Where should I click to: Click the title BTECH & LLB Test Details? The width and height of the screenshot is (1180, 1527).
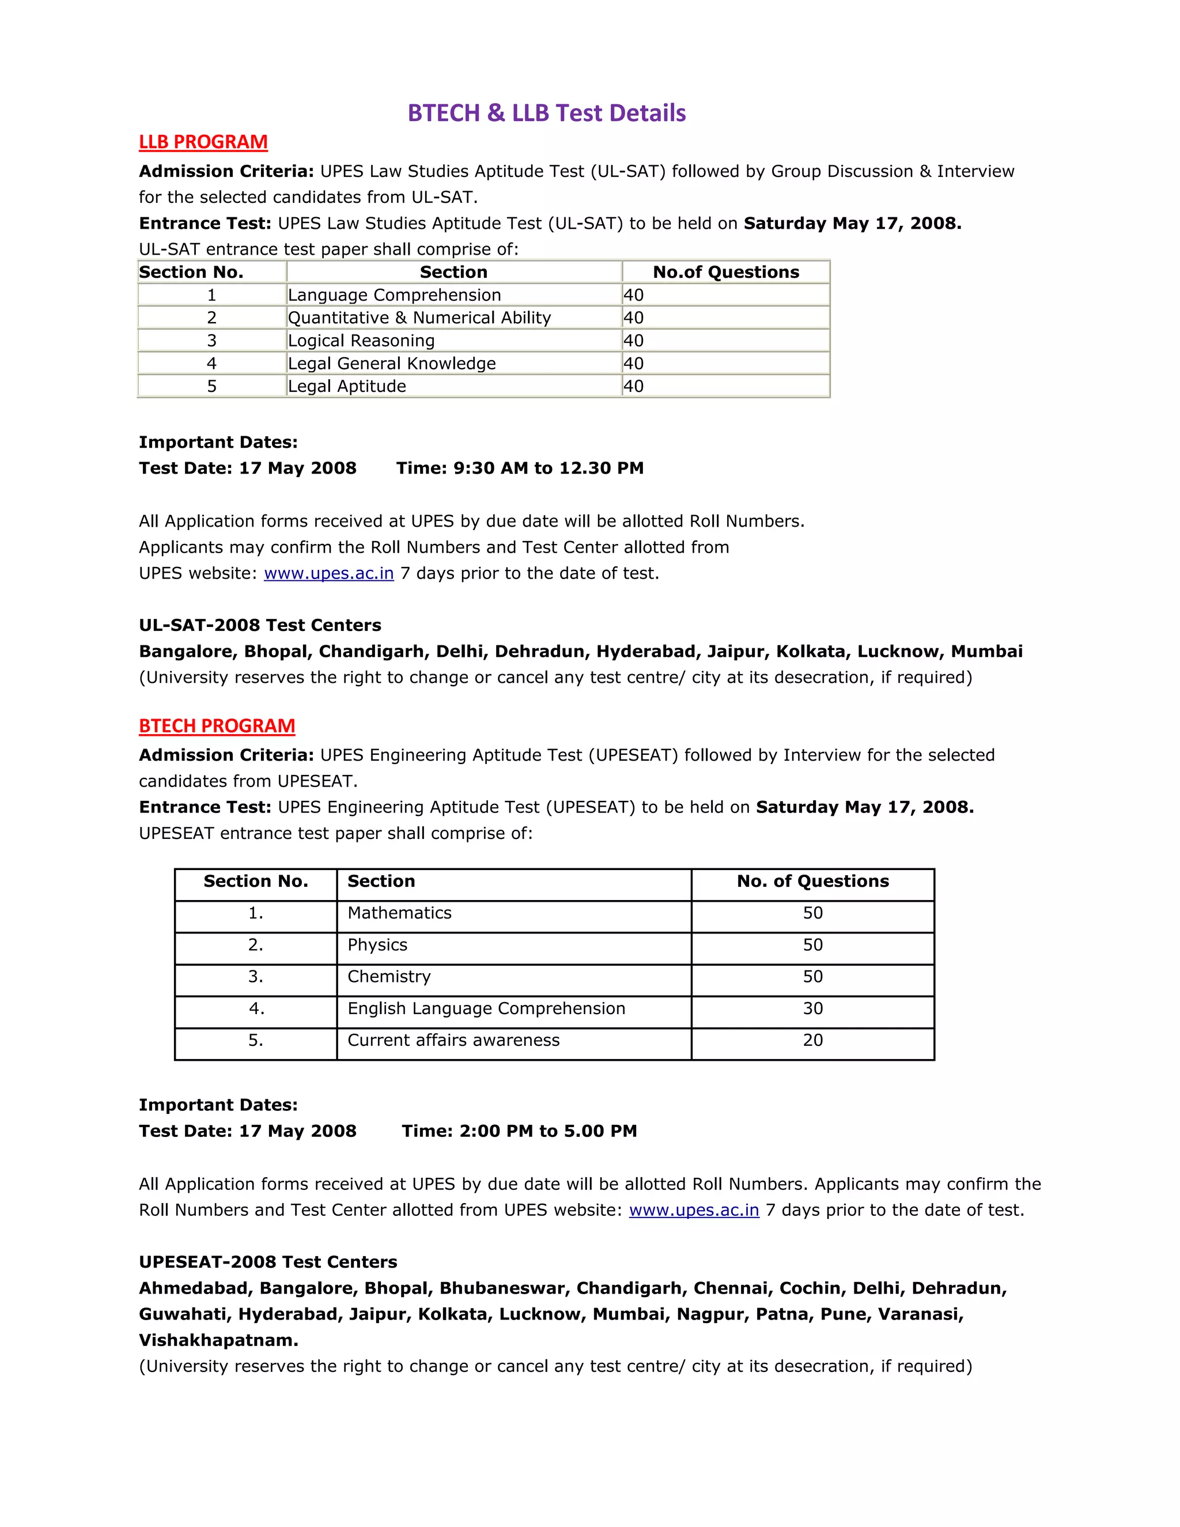pyautogui.click(x=546, y=114)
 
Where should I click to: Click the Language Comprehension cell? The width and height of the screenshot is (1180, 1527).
pyautogui.click(x=394, y=295)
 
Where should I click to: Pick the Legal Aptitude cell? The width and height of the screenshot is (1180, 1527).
pyautogui.click(x=347, y=387)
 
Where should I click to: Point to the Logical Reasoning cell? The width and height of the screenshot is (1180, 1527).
pyautogui.click(x=361, y=341)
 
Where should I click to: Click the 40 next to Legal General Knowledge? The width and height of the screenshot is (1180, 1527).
pyautogui.click(x=633, y=364)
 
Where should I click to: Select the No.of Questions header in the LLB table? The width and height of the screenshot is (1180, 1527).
pyautogui.click(x=725, y=272)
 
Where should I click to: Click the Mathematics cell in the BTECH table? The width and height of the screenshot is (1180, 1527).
pyautogui.click(x=399, y=913)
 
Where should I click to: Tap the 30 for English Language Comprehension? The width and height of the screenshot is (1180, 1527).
pyautogui.click(x=812, y=1008)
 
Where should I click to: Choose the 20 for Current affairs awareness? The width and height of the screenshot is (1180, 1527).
pyautogui.click(x=812, y=1040)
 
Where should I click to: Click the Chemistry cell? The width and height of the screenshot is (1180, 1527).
pyautogui.click(x=389, y=977)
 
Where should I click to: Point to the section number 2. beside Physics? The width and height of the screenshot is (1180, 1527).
pyautogui.click(x=256, y=945)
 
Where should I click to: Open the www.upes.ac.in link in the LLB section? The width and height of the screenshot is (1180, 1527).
pyautogui.click(x=328, y=573)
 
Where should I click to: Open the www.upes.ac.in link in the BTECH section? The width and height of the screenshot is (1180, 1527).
pyautogui.click(x=694, y=1210)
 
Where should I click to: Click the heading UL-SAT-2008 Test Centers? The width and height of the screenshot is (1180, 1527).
pyautogui.click(x=260, y=625)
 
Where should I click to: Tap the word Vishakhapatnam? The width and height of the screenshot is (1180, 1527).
pyautogui.click(x=218, y=1340)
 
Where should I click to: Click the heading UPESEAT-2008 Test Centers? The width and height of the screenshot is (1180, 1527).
pyautogui.click(x=268, y=1262)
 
